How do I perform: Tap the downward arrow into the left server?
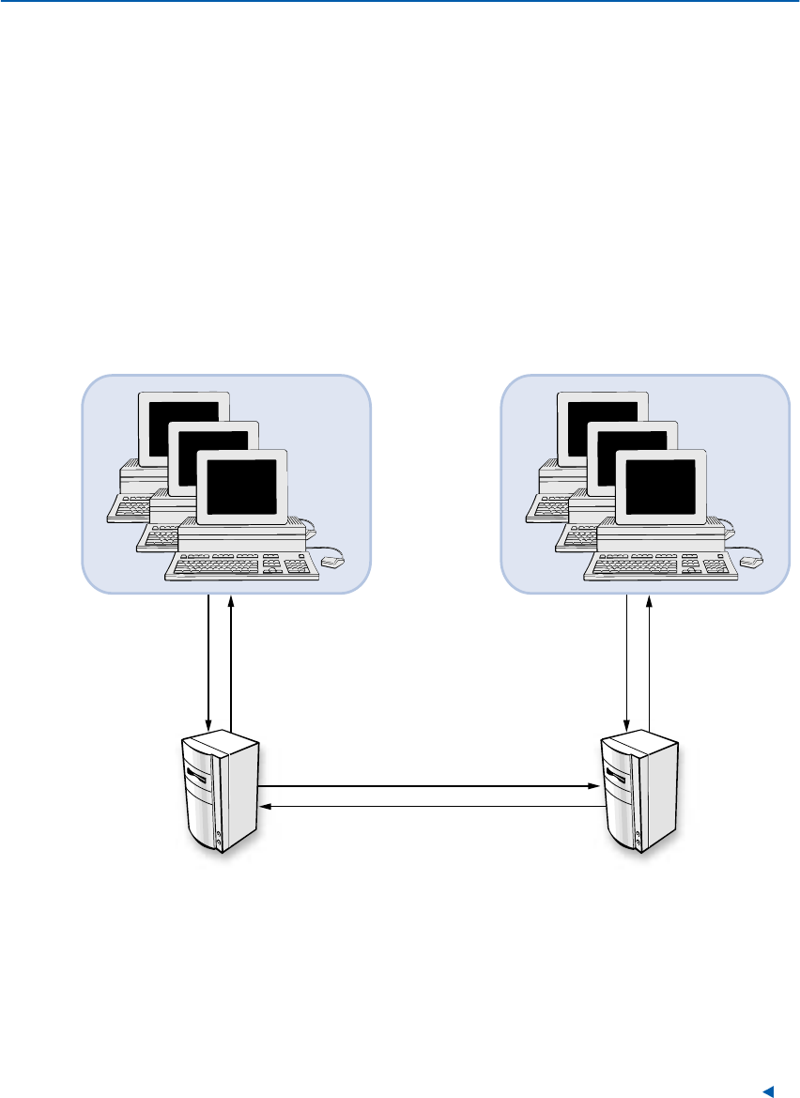click(209, 657)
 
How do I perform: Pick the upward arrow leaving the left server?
click(230, 657)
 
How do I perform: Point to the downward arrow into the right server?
click(627, 657)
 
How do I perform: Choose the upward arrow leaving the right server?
click(648, 657)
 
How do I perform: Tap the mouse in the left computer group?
click(333, 561)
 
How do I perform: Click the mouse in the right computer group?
click(752, 561)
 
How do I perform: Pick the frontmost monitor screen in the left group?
click(241, 487)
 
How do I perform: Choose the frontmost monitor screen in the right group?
click(660, 487)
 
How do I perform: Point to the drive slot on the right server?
click(618, 775)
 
